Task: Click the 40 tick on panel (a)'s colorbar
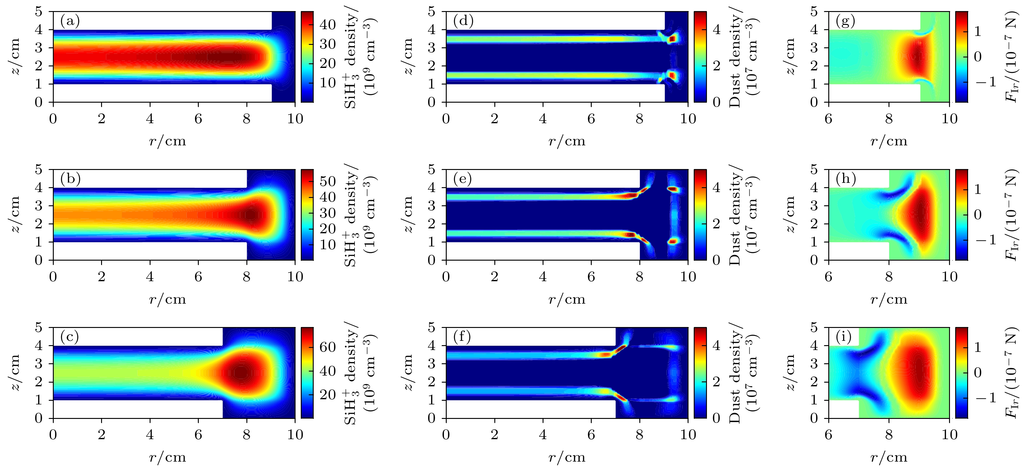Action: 328,25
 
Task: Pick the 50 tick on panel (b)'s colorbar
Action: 328,182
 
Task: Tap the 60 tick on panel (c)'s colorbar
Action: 328,347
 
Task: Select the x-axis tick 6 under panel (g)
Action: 829,119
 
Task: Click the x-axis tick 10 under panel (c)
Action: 295,435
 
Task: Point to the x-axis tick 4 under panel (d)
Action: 543,119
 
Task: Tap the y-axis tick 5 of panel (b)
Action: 39,170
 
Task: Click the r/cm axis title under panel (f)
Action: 567,457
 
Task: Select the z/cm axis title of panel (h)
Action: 790,214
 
